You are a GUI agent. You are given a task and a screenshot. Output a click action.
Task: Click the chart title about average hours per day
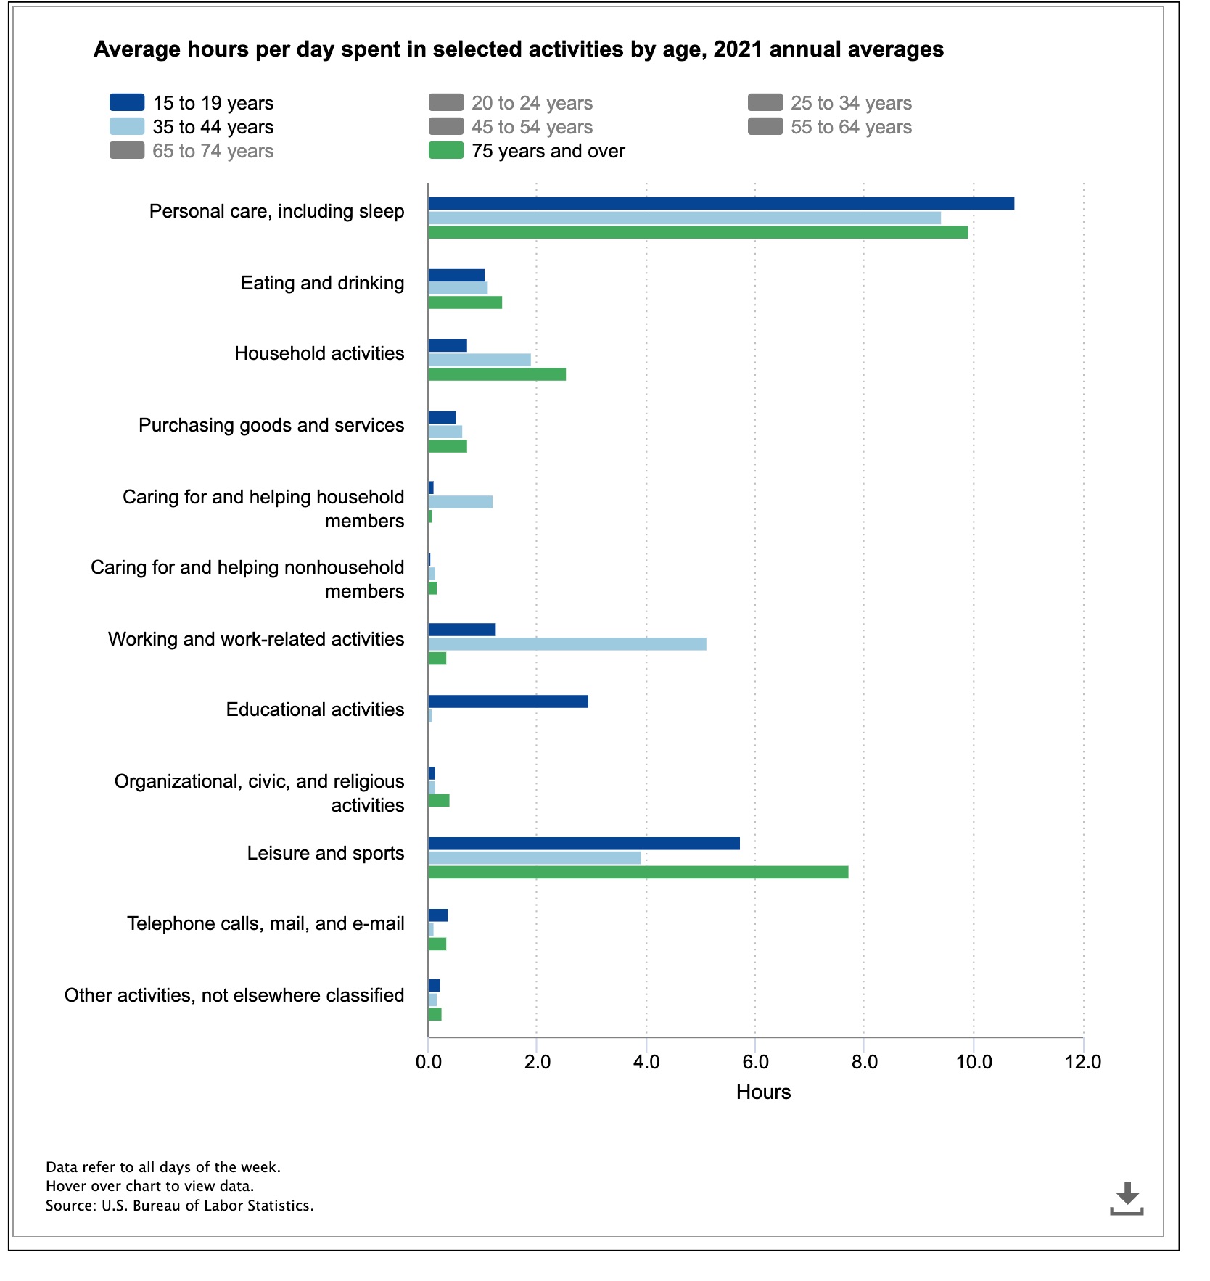click(519, 49)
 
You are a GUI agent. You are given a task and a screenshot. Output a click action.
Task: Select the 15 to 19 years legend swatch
click(127, 102)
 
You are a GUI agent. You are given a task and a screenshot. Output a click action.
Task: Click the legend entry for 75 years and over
click(527, 151)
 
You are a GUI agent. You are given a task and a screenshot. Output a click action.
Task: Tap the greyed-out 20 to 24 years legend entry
click(511, 103)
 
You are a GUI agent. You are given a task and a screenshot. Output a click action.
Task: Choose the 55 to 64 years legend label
click(851, 127)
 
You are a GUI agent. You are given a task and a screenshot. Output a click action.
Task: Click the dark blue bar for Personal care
click(721, 204)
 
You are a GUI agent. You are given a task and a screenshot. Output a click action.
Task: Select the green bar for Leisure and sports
click(638, 872)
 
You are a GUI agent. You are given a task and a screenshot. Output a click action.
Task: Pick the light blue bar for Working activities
click(567, 644)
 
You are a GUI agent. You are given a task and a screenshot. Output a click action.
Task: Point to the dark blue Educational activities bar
click(508, 701)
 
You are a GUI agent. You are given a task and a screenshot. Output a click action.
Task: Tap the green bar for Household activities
click(497, 374)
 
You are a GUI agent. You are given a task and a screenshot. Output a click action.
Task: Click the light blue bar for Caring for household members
click(460, 502)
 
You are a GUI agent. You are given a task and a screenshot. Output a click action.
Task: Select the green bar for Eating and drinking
click(465, 302)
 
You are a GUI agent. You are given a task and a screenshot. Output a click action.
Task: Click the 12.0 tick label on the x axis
click(1083, 1063)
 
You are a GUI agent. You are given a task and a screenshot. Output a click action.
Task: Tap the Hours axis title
click(763, 1092)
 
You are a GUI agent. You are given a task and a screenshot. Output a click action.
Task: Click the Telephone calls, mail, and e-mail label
click(266, 923)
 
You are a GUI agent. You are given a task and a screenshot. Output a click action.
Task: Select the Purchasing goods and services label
click(271, 425)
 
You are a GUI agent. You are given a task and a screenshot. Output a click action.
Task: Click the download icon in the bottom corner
click(1127, 1198)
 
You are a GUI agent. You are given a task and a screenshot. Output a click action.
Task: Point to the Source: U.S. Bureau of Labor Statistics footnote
click(180, 1206)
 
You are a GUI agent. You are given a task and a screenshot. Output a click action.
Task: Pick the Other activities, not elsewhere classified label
click(234, 995)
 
